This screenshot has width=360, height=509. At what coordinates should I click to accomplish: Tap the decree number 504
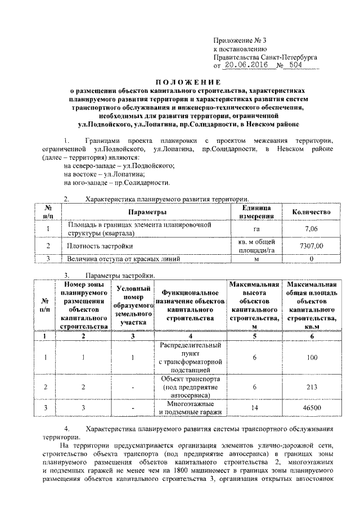pyautogui.click(x=295, y=65)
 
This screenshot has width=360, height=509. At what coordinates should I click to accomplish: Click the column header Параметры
pyautogui.click(x=146, y=212)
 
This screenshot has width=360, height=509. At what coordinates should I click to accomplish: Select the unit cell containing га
pyautogui.click(x=256, y=229)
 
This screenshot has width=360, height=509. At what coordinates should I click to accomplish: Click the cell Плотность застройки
pyautogui.click(x=100, y=246)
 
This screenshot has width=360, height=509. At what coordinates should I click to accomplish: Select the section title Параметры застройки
pyautogui.click(x=119, y=275)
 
